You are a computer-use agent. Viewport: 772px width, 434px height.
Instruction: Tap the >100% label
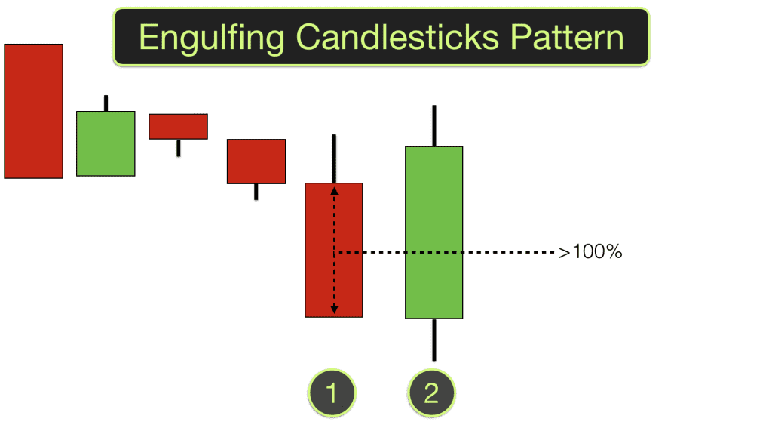pos(590,252)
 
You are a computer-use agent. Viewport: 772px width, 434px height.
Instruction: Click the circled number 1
pos(332,393)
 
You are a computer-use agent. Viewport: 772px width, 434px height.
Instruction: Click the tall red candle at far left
pos(33,111)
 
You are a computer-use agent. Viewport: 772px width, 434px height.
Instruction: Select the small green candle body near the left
pos(106,143)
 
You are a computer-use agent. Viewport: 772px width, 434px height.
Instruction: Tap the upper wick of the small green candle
pos(106,103)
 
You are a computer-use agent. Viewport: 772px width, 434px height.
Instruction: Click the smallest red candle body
pos(178,126)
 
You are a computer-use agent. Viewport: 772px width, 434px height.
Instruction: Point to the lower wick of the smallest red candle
pos(178,147)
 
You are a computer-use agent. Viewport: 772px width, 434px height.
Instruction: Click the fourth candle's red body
pos(256,161)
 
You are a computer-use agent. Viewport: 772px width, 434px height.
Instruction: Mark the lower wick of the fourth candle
pos(256,192)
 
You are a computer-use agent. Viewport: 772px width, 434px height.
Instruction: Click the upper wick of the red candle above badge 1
pos(333,158)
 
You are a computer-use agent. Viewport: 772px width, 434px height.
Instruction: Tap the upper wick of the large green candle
pos(433,125)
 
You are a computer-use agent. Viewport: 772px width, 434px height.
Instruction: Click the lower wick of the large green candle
pos(433,339)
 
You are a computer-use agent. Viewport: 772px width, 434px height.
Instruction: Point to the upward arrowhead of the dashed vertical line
pos(335,191)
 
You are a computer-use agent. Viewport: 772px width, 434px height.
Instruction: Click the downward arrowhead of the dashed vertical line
pos(335,309)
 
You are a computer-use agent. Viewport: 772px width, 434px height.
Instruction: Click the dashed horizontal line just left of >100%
pos(528,252)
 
